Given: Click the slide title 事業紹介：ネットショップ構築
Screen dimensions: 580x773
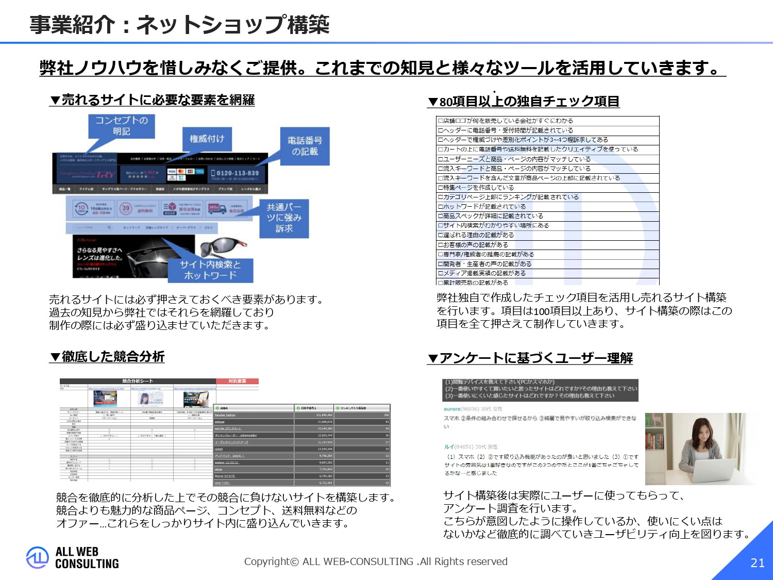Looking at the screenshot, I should (x=179, y=24).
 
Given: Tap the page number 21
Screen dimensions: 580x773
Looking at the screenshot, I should (x=757, y=563).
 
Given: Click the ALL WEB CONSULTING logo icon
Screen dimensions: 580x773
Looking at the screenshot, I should (x=37, y=557).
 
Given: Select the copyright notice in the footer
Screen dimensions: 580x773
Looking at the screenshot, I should (x=376, y=561).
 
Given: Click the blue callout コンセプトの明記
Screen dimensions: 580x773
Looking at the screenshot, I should (x=122, y=125).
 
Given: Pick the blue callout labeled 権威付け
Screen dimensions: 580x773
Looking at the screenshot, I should (x=207, y=139).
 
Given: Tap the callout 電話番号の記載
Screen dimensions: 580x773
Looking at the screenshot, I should (x=305, y=146).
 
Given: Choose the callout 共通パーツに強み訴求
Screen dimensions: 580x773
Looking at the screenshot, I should (x=283, y=218).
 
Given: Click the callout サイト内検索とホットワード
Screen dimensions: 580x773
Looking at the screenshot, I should (x=210, y=270).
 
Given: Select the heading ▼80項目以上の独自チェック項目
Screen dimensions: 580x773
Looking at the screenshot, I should (x=524, y=101).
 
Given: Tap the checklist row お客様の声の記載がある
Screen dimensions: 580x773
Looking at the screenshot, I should (x=473, y=245).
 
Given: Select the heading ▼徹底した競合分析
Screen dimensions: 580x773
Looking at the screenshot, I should (x=107, y=356).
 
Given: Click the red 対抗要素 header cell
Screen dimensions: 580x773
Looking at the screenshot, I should (x=237, y=381).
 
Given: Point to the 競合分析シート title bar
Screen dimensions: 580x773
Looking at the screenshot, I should (x=137, y=381).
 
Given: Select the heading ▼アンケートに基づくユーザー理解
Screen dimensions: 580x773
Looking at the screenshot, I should (x=530, y=358).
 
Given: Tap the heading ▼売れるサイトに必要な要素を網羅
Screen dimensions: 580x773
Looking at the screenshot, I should (x=152, y=100).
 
